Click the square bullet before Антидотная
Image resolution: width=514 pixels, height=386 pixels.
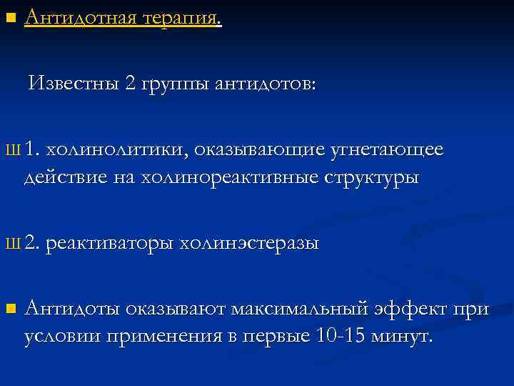[9, 16]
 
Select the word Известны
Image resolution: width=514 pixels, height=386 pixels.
[74, 84]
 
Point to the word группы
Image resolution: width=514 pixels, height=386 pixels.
[175, 84]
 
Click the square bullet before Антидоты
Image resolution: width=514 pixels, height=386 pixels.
[9, 310]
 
